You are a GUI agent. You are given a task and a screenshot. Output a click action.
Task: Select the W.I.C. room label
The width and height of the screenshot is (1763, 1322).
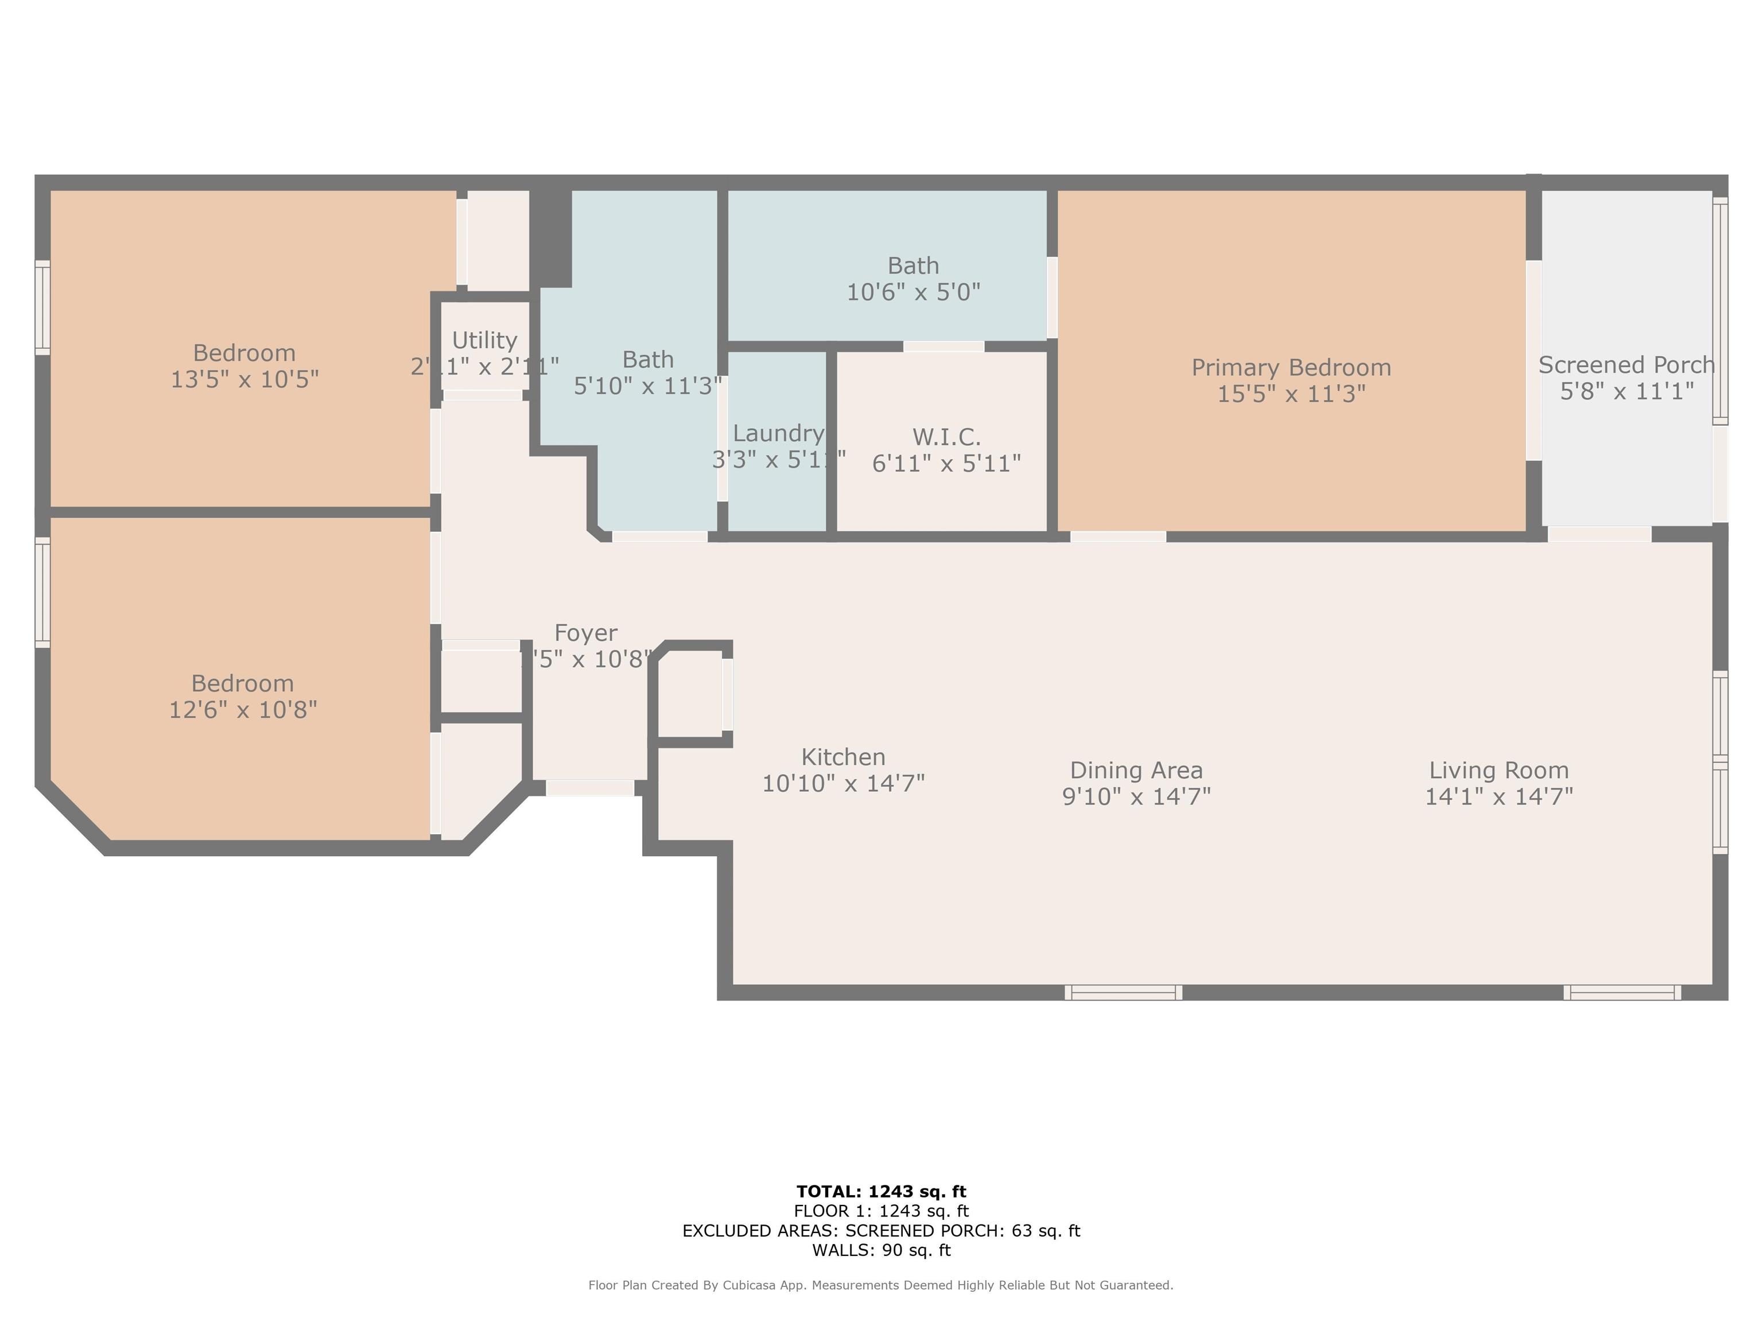[x=946, y=437]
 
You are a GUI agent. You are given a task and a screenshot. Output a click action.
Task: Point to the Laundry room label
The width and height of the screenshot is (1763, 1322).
[x=778, y=434]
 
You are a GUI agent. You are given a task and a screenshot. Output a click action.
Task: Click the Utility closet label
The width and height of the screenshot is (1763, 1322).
[x=484, y=340]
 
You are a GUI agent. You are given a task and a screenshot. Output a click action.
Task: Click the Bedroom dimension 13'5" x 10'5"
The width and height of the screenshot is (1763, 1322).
[x=244, y=379]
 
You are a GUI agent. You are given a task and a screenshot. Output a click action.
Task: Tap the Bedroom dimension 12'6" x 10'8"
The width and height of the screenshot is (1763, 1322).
[x=243, y=710]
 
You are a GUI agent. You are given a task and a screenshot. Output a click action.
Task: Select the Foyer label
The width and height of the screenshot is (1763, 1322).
[x=586, y=633]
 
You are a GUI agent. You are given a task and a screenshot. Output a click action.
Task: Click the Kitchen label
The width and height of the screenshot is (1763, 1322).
[x=843, y=757]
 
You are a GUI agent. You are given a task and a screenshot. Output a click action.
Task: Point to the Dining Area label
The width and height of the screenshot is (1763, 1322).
[x=1136, y=771]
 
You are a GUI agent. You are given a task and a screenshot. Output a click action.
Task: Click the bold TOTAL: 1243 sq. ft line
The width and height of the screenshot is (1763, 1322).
[x=881, y=1191]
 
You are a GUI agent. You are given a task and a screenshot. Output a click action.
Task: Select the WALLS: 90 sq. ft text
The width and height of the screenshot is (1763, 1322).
[x=881, y=1250]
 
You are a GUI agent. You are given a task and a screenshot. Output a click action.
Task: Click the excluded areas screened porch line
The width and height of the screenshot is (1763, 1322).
[x=881, y=1230]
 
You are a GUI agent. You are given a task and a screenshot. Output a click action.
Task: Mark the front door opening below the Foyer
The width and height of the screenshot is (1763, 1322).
[x=590, y=788]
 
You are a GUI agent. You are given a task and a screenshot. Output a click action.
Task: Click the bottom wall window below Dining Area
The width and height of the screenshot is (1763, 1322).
[x=1123, y=992]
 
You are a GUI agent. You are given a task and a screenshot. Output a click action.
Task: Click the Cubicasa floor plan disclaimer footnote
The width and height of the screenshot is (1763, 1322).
[x=881, y=1285]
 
